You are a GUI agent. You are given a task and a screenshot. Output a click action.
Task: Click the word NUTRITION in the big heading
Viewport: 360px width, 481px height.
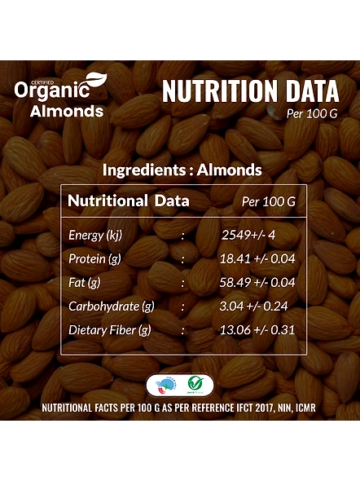click(220, 90)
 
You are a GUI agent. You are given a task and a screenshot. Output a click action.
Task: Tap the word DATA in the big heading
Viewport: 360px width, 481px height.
click(310, 90)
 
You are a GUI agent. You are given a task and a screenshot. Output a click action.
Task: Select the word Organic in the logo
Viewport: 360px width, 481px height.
click(52, 90)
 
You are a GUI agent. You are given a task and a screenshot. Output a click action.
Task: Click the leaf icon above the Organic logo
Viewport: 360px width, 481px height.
click(95, 80)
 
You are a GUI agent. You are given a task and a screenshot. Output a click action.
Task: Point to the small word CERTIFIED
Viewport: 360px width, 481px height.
click(45, 82)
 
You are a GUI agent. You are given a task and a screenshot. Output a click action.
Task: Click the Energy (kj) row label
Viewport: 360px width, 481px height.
click(95, 236)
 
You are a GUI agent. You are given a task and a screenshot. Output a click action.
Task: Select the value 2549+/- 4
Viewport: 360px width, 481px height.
click(248, 235)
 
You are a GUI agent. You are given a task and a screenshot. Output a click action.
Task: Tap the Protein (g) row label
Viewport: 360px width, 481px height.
click(94, 259)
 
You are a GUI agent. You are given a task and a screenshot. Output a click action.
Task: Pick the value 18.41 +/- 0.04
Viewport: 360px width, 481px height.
click(257, 258)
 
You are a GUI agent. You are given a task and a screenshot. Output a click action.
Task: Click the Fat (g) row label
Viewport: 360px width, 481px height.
click(84, 283)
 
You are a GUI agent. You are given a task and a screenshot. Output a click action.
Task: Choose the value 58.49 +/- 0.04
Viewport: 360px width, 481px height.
click(257, 282)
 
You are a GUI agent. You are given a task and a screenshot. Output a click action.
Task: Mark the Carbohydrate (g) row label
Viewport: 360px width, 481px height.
click(112, 307)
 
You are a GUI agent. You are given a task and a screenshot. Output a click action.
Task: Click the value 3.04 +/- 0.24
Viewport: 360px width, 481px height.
click(253, 306)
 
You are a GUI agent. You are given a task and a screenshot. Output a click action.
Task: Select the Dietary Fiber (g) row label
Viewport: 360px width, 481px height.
click(110, 330)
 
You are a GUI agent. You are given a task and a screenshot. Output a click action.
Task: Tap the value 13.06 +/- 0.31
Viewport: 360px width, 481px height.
click(257, 329)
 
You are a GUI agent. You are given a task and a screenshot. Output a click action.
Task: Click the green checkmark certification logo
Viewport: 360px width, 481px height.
click(195, 385)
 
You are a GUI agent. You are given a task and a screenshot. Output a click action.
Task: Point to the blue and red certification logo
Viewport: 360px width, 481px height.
click(166, 386)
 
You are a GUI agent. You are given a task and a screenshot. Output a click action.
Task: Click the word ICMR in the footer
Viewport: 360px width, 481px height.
click(305, 408)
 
